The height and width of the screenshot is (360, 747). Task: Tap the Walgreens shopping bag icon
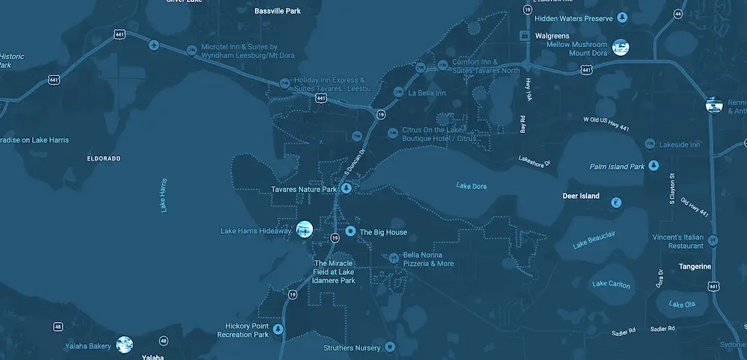click(x=525, y=35)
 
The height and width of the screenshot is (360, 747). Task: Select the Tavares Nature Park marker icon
click(x=346, y=189)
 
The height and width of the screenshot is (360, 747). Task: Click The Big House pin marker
click(x=350, y=232)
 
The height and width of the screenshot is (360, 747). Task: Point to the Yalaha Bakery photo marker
click(x=125, y=344)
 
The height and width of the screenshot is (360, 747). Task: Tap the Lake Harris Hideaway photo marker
click(x=304, y=230)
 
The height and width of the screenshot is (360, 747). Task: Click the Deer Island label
click(x=580, y=196)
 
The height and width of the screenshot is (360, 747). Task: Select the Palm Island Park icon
click(x=654, y=165)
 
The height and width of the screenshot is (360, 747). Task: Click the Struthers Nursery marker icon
click(x=388, y=348)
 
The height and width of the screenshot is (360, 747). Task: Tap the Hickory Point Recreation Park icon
click(x=279, y=329)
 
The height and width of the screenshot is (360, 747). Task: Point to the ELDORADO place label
click(x=104, y=158)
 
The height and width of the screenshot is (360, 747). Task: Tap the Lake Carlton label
click(x=611, y=285)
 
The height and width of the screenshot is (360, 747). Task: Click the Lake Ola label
click(x=681, y=304)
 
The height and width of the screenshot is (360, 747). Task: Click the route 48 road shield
click(x=58, y=326)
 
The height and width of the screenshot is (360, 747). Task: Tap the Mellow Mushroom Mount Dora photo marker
click(x=619, y=47)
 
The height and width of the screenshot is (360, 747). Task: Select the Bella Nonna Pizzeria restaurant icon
click(x=395, y=258)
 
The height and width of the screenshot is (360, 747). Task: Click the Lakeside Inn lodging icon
click(x=650, y=143)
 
